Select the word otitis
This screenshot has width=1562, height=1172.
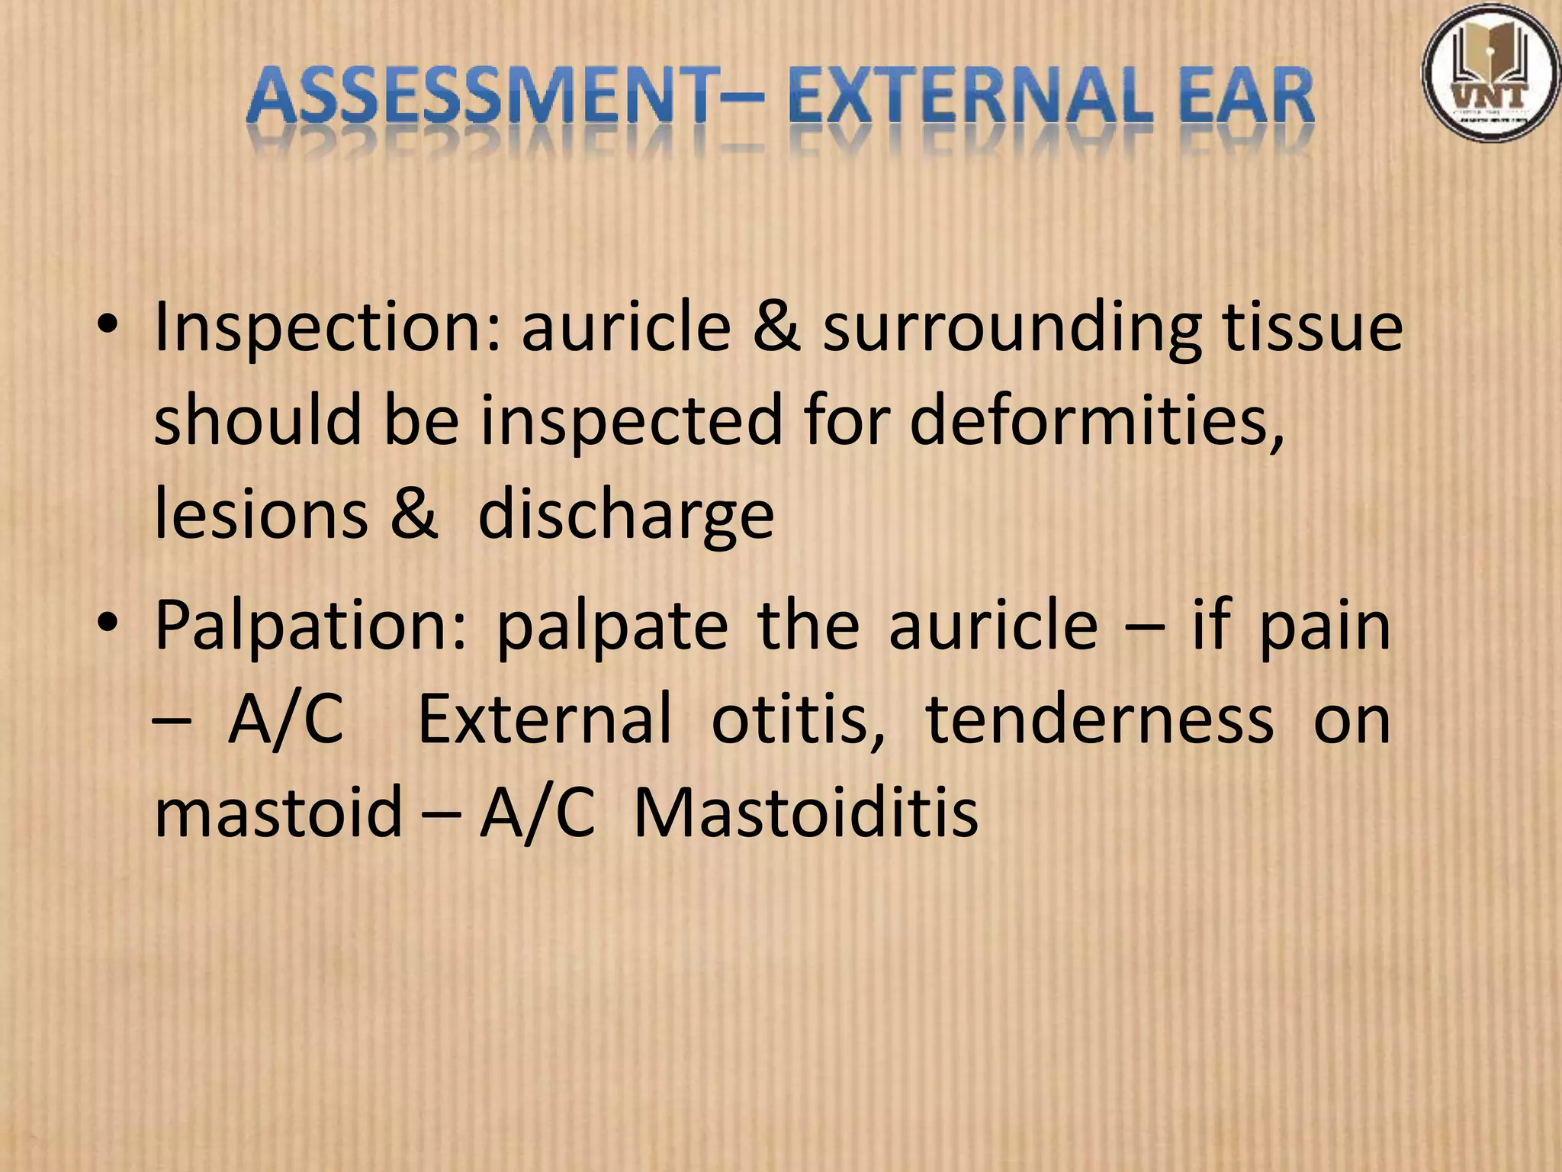(798, 719)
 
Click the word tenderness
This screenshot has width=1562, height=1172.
(1099, 719)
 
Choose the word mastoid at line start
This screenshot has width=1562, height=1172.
(278, 812)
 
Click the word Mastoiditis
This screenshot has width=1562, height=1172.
(806, 812)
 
